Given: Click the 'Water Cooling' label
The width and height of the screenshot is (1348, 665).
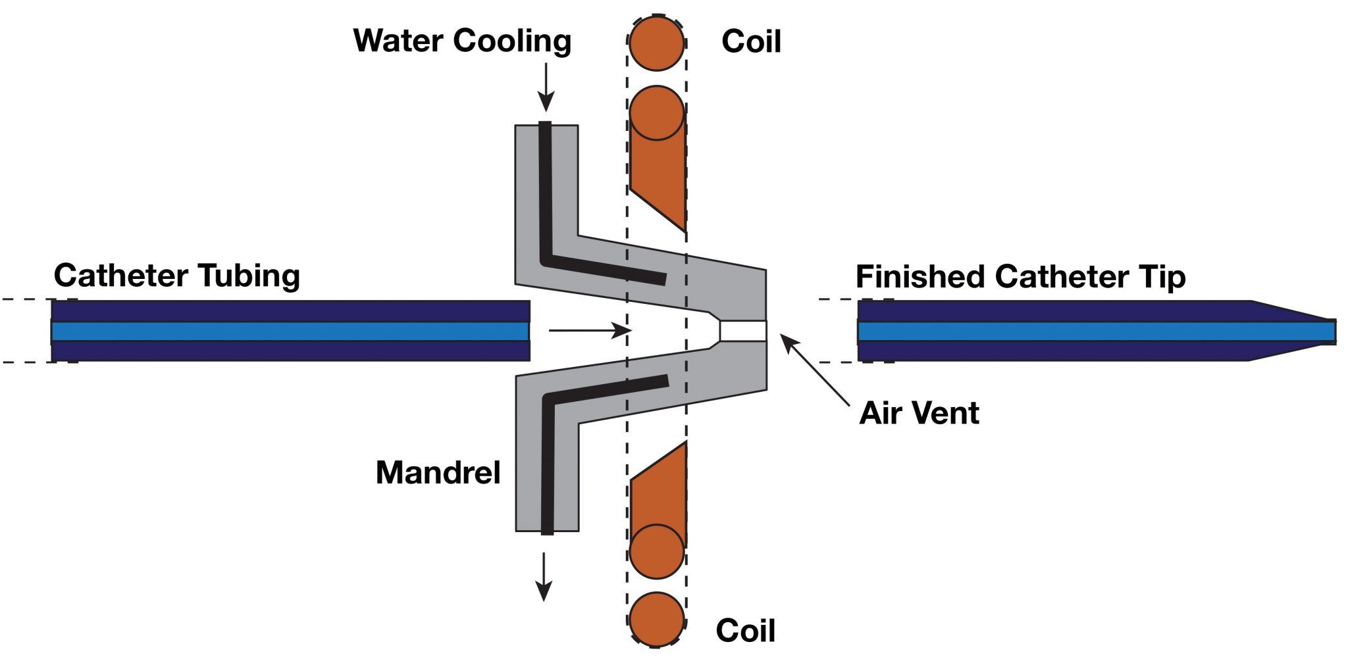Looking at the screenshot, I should coord(461,41).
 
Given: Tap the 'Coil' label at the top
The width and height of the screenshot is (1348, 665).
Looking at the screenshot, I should coord(751,42).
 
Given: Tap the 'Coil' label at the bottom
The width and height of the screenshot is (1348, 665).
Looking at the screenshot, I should coord(745,631).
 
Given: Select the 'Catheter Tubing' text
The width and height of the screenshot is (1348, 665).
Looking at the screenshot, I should coord(176,276).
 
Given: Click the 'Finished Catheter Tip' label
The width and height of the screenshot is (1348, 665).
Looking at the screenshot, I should coord(1020,277).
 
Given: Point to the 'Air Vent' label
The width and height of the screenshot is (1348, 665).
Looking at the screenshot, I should coord(919,414).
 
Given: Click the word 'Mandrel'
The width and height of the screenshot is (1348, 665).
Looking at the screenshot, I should coord(438,473).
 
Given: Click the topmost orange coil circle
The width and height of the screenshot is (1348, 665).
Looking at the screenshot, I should coord(656,43).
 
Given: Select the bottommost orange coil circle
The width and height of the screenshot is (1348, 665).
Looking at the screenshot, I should coord(656,619).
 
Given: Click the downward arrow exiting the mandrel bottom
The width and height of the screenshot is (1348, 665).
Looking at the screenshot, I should coord(544,577).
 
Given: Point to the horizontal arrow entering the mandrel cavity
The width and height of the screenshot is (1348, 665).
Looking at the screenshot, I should coord(590,330).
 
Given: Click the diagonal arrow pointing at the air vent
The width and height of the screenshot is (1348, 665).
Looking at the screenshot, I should coord(815,370).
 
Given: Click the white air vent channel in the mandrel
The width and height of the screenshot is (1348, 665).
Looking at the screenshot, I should coord(743,330).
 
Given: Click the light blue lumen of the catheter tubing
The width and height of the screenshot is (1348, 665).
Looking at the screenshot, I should coord(290,331).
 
